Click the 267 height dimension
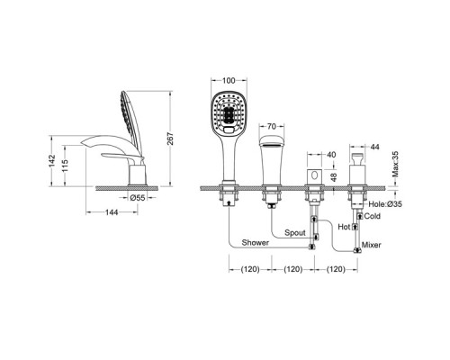click(x=170, y=139)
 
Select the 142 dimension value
click(x=52, y=161)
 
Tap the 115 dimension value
click(x=65, y=166)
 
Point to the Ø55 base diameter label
click(x=138, y=197)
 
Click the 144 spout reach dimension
click(x=112, y=212)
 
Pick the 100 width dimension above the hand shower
click(x=229, y=80)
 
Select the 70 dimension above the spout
click(x=271, y=126)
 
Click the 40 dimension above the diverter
click(x=331, y=155)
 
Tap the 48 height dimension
click(x=334, y=177)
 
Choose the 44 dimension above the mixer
click(x=375, y=147)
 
